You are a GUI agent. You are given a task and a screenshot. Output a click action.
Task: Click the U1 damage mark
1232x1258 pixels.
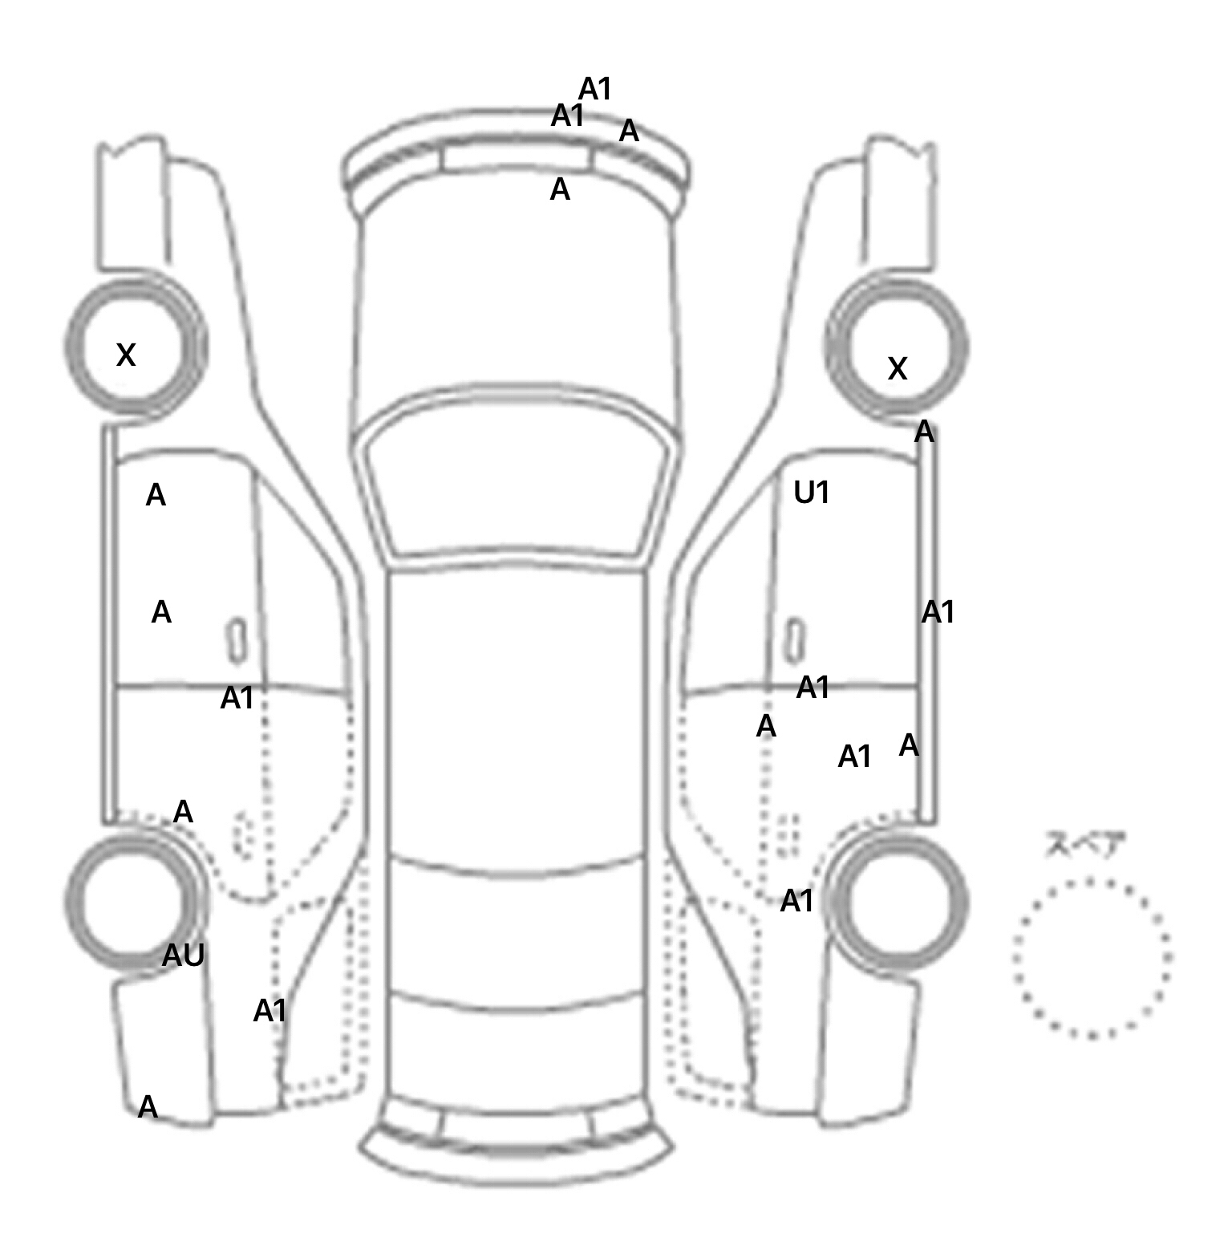(811, 493)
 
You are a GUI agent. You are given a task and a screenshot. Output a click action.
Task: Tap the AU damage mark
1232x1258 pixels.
(184, 956)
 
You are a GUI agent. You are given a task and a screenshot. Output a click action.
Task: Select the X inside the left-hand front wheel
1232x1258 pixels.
(126, 355)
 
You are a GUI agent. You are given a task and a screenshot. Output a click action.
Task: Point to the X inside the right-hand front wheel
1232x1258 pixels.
(898, 369)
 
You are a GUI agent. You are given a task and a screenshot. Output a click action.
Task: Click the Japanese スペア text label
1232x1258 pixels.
(1084, 846)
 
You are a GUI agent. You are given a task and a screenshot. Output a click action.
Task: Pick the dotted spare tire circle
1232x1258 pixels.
(1092, 958)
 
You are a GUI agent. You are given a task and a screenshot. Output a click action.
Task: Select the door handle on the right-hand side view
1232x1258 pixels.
(795, 640)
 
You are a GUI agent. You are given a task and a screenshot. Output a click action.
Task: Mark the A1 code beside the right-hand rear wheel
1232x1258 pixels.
(797, 902)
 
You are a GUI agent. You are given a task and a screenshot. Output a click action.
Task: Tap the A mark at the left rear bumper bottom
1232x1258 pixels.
(148, 1108)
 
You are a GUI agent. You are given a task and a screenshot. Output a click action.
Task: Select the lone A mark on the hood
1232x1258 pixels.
(560, 190)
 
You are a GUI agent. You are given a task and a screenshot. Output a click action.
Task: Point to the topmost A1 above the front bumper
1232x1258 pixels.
(595, 89)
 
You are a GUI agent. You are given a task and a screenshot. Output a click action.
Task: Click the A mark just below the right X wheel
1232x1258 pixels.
(925, 432)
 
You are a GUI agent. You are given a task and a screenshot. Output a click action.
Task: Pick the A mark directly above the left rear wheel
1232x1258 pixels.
(183, 813)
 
